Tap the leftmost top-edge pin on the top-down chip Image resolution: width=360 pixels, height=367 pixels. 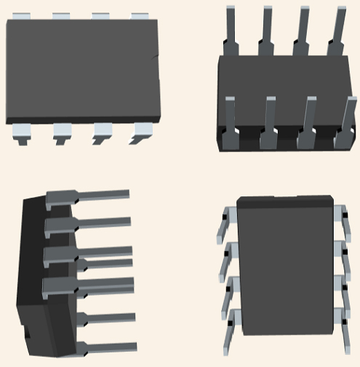[x=22, y=16]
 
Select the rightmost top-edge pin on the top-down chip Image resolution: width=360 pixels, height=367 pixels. [x=140, y=16]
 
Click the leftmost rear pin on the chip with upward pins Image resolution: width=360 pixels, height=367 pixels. [x=231, y=29]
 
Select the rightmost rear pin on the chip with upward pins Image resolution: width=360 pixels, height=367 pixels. [x=340, y=29]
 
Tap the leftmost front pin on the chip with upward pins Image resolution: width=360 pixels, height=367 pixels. [x=230, y=120]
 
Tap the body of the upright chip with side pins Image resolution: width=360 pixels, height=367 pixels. [x=285, y=269]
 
